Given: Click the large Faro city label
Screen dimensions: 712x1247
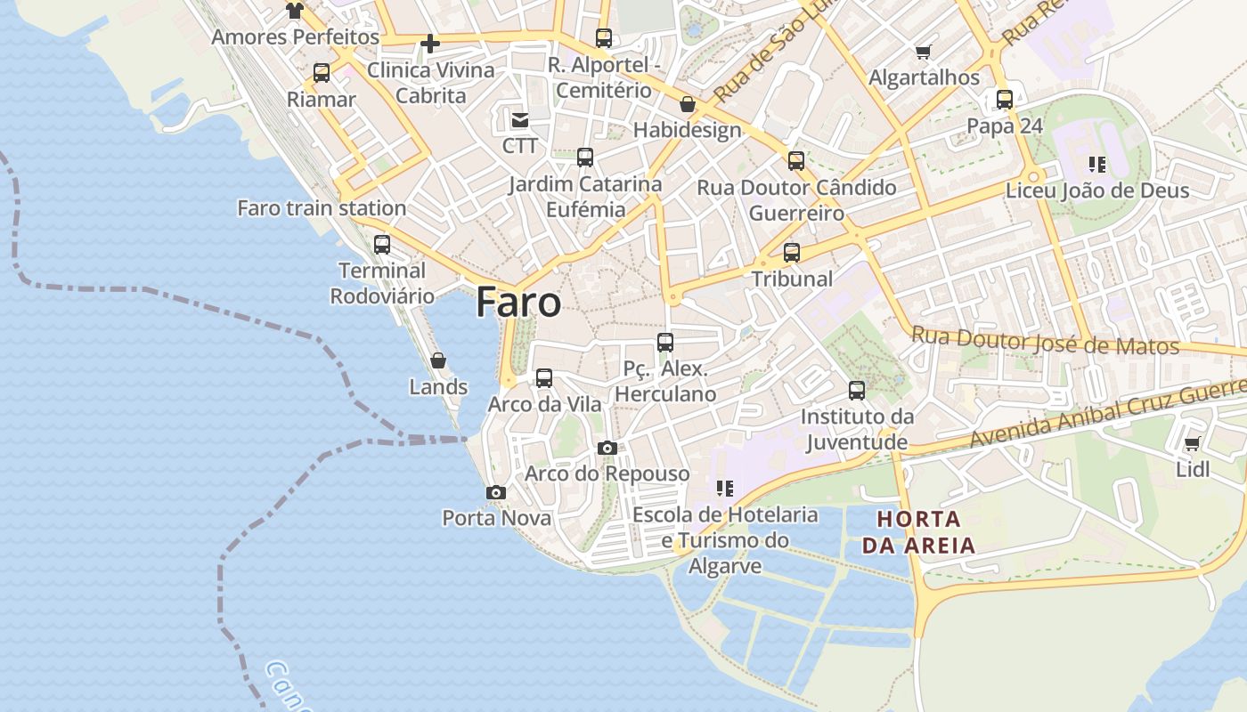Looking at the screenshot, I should pos(518,303).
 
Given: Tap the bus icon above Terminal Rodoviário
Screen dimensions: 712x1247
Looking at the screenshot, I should pos(382,244).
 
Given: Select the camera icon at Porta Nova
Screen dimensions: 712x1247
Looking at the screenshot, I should pos(496,492).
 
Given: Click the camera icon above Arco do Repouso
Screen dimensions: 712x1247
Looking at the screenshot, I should pos(607,448).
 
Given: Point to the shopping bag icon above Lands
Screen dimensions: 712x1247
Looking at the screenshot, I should pos(438,360).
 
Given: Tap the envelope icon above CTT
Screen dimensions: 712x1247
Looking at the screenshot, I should pos(519,119).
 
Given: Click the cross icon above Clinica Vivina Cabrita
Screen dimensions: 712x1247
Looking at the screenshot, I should pos(430,43).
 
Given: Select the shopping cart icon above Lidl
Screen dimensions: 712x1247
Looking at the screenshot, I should pos(1193,443).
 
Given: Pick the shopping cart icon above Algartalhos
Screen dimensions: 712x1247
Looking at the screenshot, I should pos(924,53).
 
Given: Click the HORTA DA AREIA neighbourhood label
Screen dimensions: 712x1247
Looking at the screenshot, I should pos(918,531).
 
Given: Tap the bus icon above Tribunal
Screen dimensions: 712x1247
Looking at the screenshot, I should pos(792,253).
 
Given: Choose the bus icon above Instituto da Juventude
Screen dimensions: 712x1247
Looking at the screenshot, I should pos(857,390).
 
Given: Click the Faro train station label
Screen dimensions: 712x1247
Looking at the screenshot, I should pos(322,208).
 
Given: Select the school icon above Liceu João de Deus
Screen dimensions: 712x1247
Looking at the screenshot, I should pos(1097,165).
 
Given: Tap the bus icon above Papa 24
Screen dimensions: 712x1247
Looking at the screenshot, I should pos(1005,100).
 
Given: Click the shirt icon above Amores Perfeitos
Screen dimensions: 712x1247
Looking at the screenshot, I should pos(295,11).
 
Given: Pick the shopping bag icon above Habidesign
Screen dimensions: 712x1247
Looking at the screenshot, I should pos(687,104).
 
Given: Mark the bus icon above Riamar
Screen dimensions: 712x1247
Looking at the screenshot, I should pos(322,73).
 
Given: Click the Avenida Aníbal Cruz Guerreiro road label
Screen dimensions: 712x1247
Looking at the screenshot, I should pos(1109,414).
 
